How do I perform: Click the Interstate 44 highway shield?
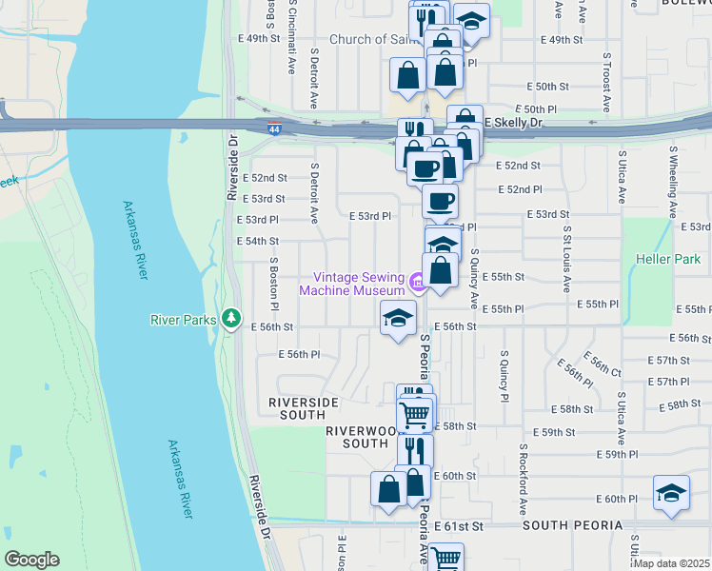click(274, 128)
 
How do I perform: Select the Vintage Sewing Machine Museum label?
click(352, 284)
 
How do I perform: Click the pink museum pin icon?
click(417, 283)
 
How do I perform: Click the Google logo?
click(31, 560)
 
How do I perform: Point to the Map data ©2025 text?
click(671, 563)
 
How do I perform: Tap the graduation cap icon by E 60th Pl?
click(672, 493)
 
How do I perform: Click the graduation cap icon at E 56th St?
click(399, 318)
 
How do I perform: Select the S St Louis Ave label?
click(566, 257)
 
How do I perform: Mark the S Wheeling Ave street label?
click(673, 176)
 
